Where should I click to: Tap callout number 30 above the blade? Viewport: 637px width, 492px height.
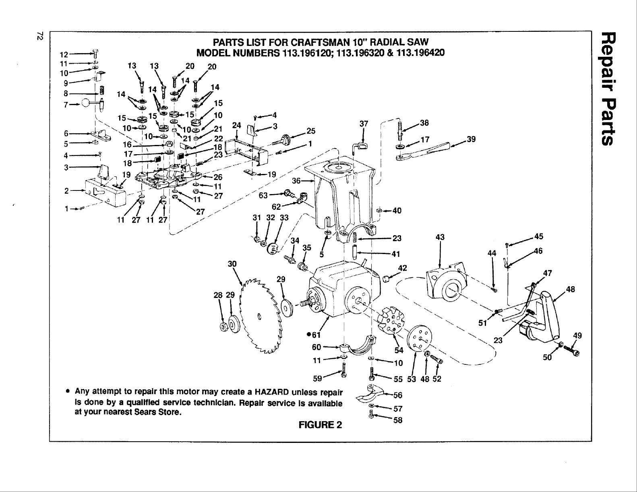tap(232, 264)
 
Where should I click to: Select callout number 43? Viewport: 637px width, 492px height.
tap(440, 237)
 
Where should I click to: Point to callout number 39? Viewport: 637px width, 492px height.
tap(471, 139)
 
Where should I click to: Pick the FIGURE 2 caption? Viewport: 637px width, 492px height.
tap(320, 425)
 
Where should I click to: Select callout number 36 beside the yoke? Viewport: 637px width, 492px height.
tap(296, 181)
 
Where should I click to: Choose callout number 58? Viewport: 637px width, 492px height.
tap(398, 421)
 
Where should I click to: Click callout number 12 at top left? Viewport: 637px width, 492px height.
tap(64, 55)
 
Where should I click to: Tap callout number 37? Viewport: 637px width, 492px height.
tap(364, 124)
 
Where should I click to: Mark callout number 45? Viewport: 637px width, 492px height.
tap(538, 236)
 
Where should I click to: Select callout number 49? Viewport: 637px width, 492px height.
tap(578, 335)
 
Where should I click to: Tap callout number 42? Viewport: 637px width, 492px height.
tap(402, 268)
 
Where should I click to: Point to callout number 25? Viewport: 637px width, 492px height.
tap(311, 131)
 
